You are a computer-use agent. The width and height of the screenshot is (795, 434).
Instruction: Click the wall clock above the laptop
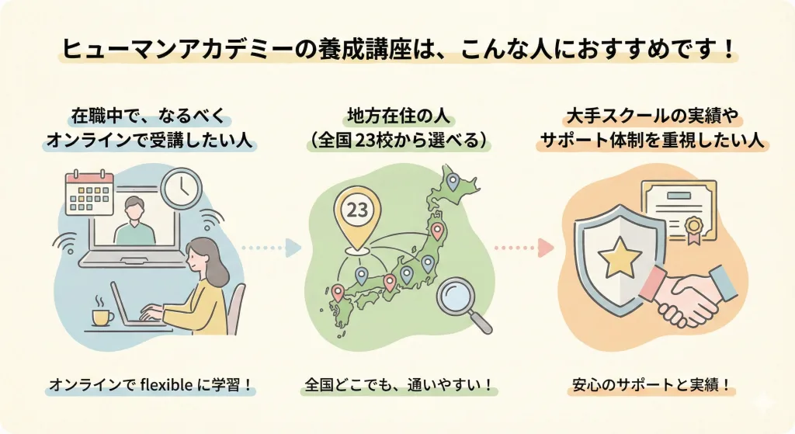[180, 189]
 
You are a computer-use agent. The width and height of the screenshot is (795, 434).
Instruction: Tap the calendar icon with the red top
[90, 193]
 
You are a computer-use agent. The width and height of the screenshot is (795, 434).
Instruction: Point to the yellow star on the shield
[613, 255]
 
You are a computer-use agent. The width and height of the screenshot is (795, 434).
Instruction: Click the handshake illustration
[687, 295]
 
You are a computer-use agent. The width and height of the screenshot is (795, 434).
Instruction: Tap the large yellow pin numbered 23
[357, 217]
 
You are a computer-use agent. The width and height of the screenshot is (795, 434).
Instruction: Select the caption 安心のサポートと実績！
[651, 385]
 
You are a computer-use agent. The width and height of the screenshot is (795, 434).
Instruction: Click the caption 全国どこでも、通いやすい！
[399, 385]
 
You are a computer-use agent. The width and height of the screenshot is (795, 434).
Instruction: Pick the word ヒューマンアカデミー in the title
[178, 50]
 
